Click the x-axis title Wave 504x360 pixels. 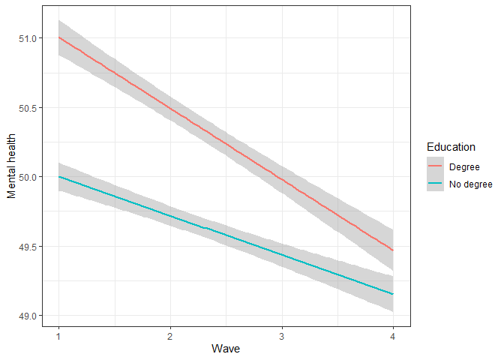click(x=226, y=349)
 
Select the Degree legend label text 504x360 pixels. click(x=465, y=167)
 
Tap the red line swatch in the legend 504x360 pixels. click(x=437, y=167)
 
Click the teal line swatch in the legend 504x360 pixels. click(x=437, y=184)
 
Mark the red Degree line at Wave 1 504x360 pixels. click(x=58, y=38)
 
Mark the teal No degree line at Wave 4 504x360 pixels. click(x=392, y=294)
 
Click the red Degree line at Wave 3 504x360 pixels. click(x=281, y=178)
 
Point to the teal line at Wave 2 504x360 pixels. click(x=170, y=216)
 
